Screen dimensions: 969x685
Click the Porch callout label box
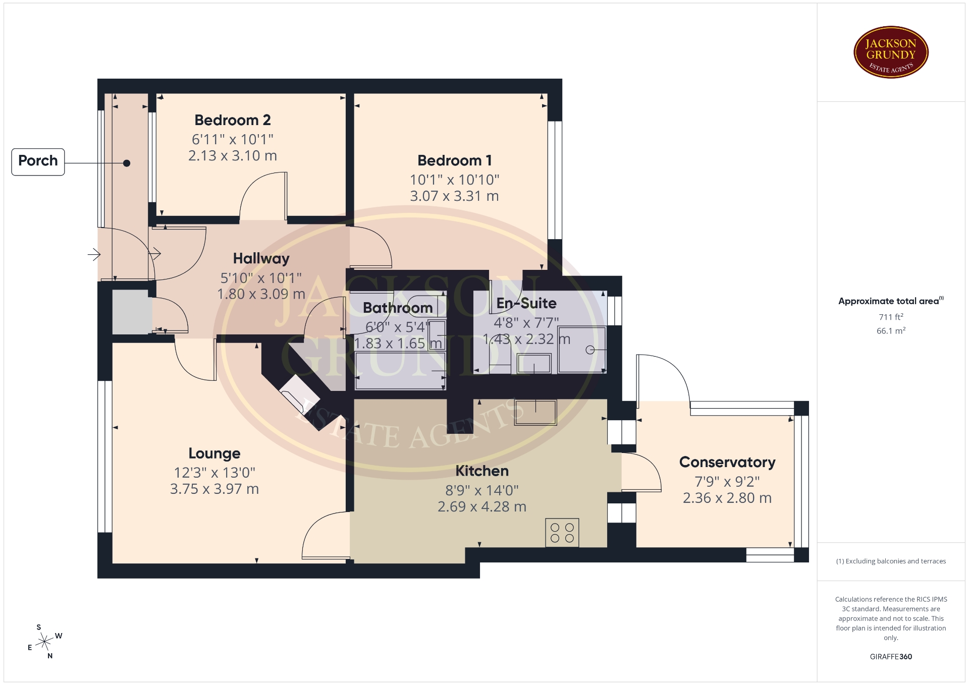point(38,162)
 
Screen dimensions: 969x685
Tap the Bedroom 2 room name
point(233,120)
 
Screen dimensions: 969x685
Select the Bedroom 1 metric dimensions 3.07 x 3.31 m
point(454,196)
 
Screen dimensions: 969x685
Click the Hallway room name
point(261,259)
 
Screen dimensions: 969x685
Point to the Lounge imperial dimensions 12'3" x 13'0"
point(214,473)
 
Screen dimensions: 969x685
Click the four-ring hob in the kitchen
point(562,533)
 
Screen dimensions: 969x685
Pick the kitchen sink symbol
point(535,412)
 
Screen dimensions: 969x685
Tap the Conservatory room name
point(727,462)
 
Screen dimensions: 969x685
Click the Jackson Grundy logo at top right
point(891,52)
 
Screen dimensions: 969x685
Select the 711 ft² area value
point(891,317)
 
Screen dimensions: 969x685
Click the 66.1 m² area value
point(891,331)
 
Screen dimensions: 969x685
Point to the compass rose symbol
point(45,642)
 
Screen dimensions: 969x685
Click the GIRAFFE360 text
point(891,657)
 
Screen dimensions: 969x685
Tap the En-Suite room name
point(526,303)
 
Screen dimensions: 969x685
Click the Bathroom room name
point(398,308)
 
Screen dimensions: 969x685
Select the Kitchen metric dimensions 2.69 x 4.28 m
point(482,506)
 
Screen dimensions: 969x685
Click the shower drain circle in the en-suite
point(589,350)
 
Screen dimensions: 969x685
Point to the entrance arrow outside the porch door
point(94,254)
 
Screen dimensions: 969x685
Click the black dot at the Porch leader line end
point(127,163)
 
